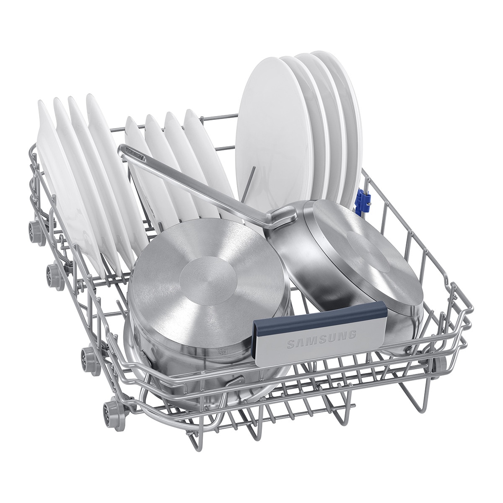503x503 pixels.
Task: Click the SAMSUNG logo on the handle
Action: [x=322, y=340]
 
